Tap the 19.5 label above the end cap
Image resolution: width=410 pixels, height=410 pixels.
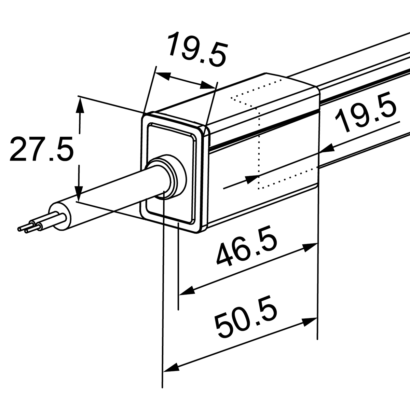[197, 49]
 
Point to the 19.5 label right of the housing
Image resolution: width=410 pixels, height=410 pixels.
[366, 112]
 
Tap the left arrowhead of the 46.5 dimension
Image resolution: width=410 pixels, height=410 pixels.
[187, 290]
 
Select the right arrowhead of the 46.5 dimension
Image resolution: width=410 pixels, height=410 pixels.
[310, 247]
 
